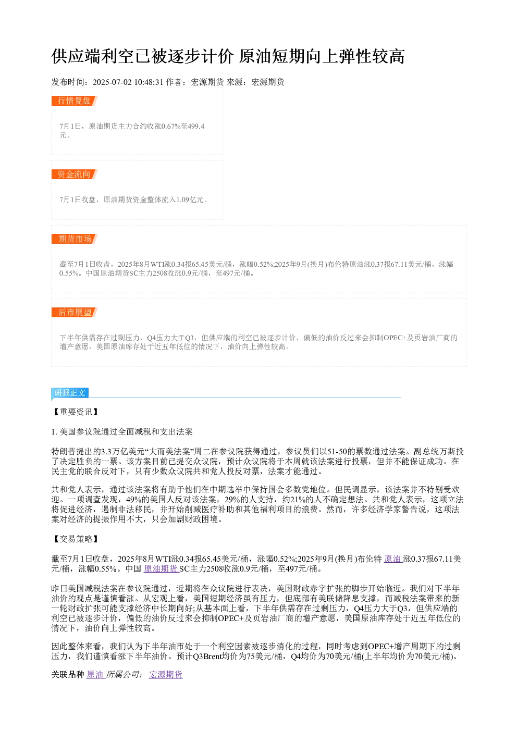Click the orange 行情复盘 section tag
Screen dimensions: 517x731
(74, 101)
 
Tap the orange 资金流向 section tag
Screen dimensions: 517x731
(74, 174)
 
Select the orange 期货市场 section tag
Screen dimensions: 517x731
(74, 239)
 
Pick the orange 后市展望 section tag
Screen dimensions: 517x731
(74, 312)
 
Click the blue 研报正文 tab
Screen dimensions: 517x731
(70, 392)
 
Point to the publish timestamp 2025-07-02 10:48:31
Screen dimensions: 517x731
(128, 82)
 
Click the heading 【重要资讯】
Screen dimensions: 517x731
(76, 412)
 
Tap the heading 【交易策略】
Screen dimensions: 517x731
(76, 539)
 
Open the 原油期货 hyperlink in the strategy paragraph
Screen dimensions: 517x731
(161, 568)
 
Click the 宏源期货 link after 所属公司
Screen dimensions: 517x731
(166, 674)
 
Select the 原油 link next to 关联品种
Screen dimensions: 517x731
(95, 674)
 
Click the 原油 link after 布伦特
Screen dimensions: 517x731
(392, 559)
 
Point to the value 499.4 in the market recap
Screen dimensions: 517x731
(196, 126)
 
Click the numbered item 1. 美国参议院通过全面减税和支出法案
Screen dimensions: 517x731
(122, 432)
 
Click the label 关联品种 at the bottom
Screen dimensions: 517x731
(68, 674)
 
